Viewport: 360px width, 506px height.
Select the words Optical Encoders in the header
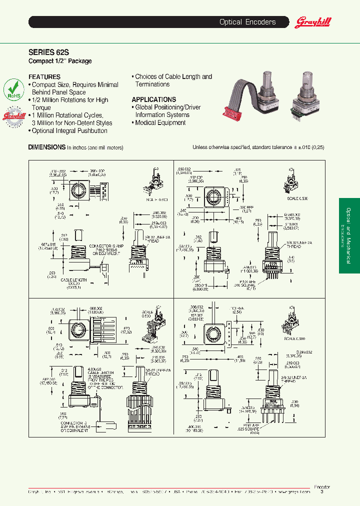tap(247, 22)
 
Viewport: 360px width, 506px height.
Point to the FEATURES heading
tap(44, 77)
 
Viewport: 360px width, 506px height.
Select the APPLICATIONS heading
tap(153, 99)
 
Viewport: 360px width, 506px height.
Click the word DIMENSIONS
tap(46, 147)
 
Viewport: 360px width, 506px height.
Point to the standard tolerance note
tap(258, 147)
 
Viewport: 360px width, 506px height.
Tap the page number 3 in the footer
tap(321, 492)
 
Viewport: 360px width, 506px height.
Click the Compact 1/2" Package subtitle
tap(60, 61)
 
